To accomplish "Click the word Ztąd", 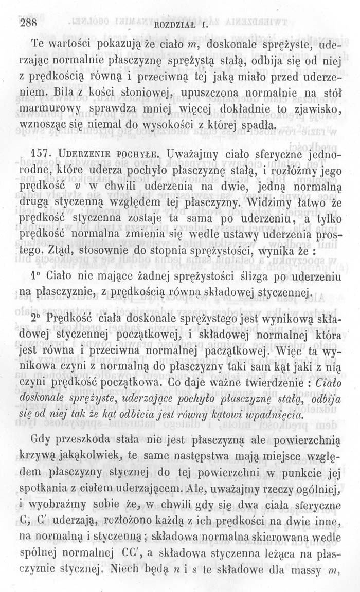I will pos(69,253).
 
